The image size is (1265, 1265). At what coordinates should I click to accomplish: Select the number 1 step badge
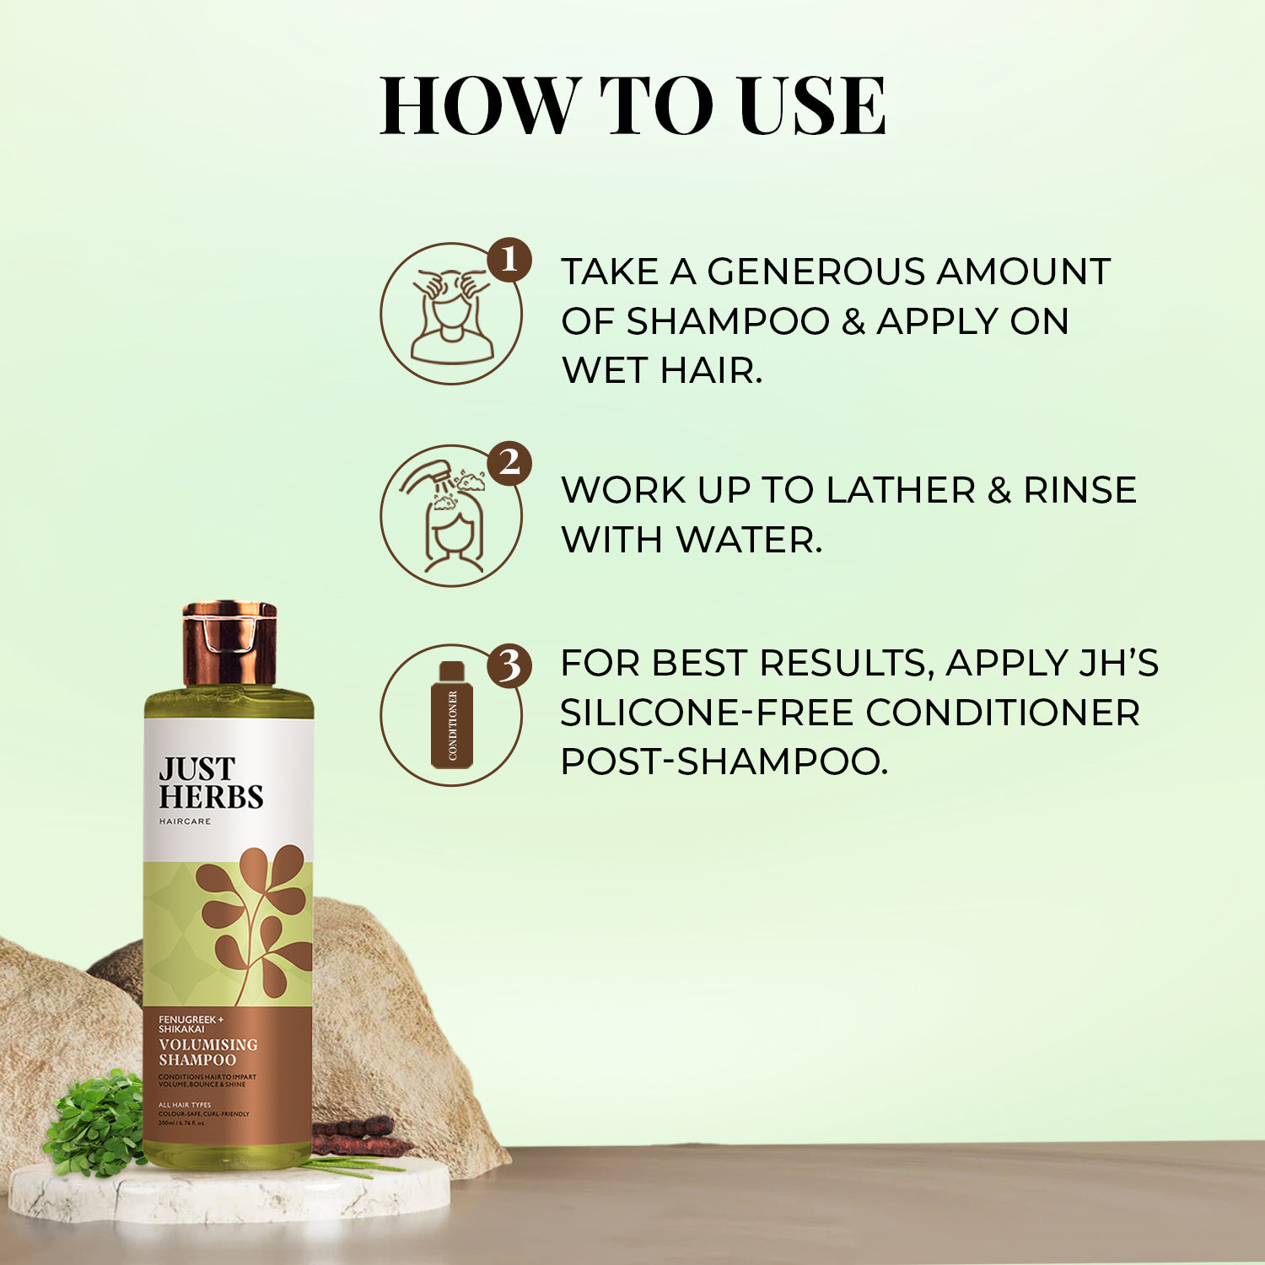click(509, 259)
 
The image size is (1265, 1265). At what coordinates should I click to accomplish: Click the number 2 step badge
click(509, 462)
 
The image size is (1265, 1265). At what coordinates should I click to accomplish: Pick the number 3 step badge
click(509, 665)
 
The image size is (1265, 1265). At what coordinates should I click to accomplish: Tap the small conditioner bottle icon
click(452, 716)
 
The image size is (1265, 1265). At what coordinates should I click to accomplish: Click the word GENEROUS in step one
click(816, 272)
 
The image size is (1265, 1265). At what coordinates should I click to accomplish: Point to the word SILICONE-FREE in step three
click(706, 713)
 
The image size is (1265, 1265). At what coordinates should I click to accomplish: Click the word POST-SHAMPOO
click(724, 762)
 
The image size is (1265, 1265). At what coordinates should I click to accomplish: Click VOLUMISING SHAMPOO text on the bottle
click(207, 1052)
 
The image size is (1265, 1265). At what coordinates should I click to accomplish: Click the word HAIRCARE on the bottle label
click(185, 821)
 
